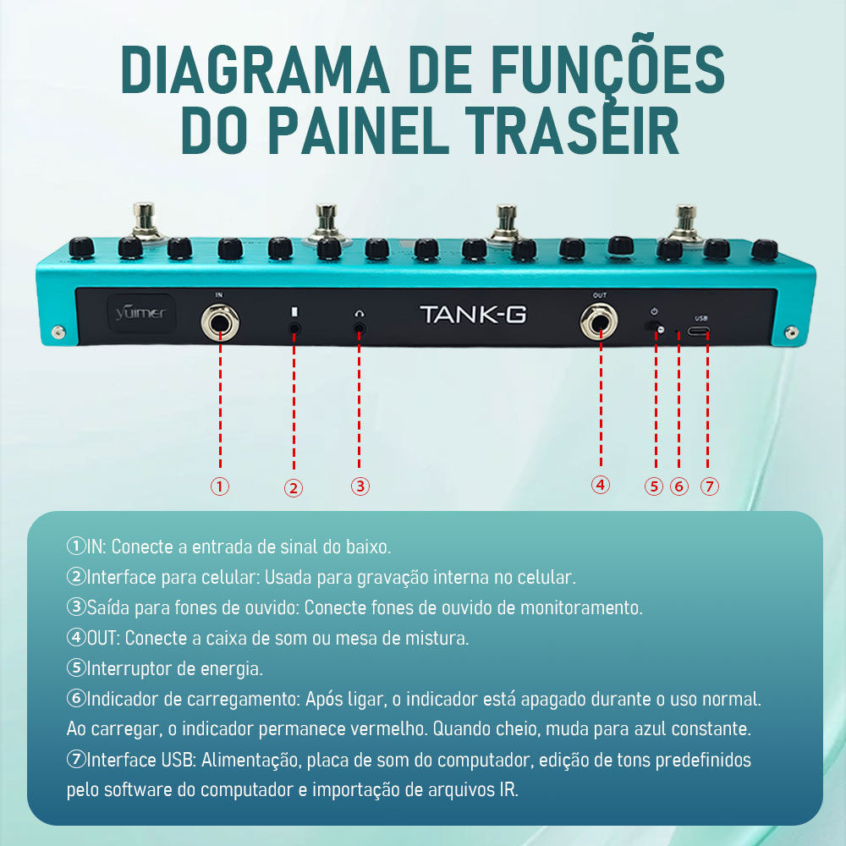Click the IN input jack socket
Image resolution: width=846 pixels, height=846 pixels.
(x=220, y=322)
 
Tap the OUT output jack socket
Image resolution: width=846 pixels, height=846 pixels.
(x=599, y=322)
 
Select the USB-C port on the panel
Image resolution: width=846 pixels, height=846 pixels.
(x=698, y=331)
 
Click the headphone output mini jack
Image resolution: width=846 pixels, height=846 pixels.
(x=360, y=328)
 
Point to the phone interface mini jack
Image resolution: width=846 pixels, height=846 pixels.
(x=294, y=328)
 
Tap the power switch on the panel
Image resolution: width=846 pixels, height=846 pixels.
(x=655, y=327)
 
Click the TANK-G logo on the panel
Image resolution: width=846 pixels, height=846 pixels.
(x=473, y=315)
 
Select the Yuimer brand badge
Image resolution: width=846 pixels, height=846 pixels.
(x=141, y=313)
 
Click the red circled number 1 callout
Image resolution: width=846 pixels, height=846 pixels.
(x=220, y=486)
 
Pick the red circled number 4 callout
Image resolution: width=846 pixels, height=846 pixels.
(x=601, y=485)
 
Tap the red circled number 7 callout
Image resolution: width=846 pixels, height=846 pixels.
(x=710, y=486)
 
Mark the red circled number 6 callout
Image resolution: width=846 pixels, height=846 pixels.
(x=679, y=486)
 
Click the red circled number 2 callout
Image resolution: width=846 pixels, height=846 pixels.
(x=294, y=488)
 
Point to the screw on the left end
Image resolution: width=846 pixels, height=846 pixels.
(x=58, y=332)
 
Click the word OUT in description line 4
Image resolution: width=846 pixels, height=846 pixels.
(x=102, y=638)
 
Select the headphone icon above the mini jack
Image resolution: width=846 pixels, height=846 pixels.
(x=360, y=314)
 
